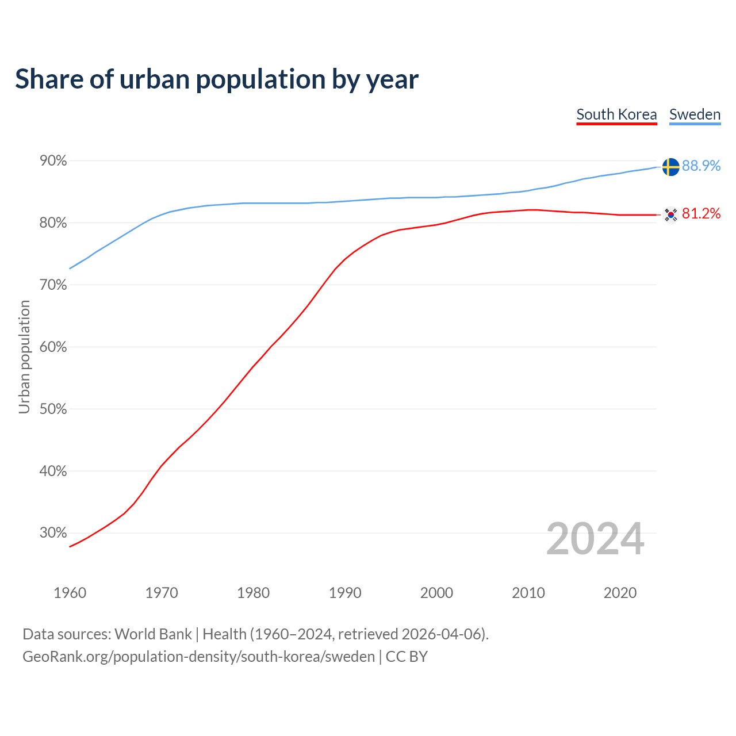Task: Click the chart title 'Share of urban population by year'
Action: (217, 79)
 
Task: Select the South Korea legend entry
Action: (616, 114)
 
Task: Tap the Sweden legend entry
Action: (695, 114)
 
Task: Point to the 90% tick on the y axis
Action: (53, 161)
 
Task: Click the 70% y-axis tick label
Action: (53, 285)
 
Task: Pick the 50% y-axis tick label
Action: (53, 409)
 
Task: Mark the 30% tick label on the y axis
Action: (53, 533)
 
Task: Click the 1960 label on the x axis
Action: (70, 593)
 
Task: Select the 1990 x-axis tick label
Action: (345, 593)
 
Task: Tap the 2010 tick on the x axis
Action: (528, 593)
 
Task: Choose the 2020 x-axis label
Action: (620, 593)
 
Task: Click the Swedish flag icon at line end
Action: (670, 167)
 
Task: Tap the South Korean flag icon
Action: (670, 215)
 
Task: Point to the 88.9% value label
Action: (701, 166)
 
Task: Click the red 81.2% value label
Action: (701, 214)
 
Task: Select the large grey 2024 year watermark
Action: (595, 539)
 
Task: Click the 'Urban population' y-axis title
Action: (24, 356)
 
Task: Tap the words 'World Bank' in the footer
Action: (153, 634)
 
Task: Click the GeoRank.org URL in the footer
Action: (198, 657)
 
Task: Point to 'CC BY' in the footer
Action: (407, 657)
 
